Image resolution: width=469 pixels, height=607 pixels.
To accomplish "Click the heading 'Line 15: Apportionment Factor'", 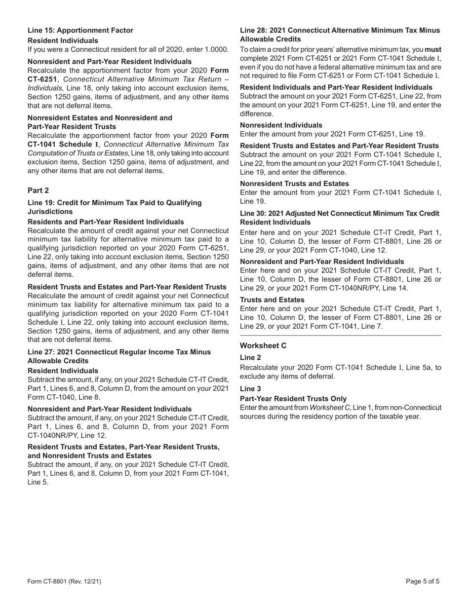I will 80,31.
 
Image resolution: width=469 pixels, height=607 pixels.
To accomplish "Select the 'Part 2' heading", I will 38,190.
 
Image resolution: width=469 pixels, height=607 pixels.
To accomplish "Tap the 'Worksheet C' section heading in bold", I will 263,345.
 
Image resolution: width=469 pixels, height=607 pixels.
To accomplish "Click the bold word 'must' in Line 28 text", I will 433,50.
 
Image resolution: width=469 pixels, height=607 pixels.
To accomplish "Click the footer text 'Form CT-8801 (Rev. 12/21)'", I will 64,581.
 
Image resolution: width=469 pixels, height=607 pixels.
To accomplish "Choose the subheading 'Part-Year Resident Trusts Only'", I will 293,399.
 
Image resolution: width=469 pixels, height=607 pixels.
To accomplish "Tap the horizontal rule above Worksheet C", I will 340,336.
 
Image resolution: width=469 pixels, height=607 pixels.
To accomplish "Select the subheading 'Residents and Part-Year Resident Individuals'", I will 106,222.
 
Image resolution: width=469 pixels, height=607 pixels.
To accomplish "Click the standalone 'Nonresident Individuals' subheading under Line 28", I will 281,125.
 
